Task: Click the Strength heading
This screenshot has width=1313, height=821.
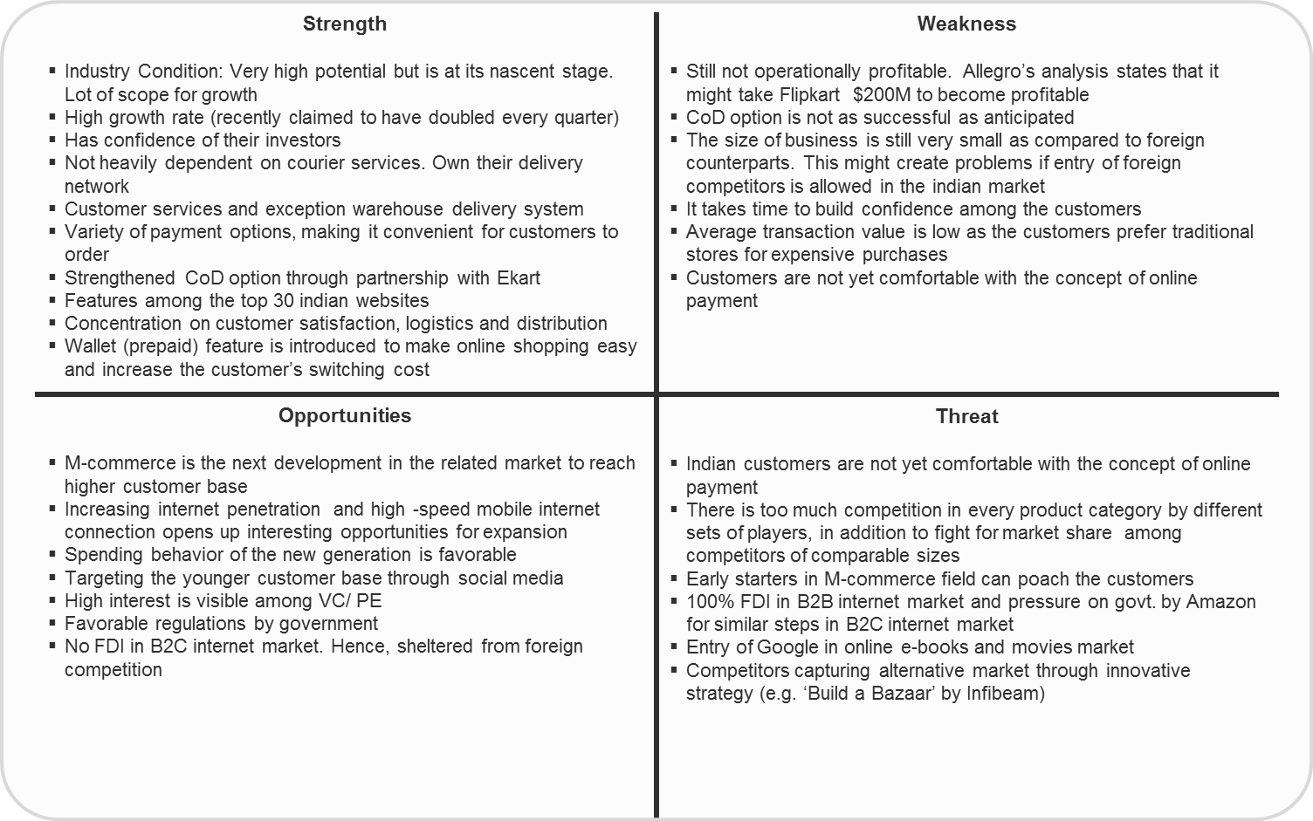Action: pos(344,24)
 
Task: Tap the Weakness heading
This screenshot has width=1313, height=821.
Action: pos(966,24)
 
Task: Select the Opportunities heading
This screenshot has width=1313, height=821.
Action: pos(344,415)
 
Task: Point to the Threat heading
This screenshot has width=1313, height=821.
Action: pos(966,416)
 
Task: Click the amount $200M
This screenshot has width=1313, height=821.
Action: pos(883,94)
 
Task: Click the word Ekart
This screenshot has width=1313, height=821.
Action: pos(518,277)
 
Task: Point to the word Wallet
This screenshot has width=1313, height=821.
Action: pos(91,346)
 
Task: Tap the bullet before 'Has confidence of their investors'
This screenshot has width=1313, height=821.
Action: pos(52,140)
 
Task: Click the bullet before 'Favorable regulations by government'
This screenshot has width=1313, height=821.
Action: pos(52,623)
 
